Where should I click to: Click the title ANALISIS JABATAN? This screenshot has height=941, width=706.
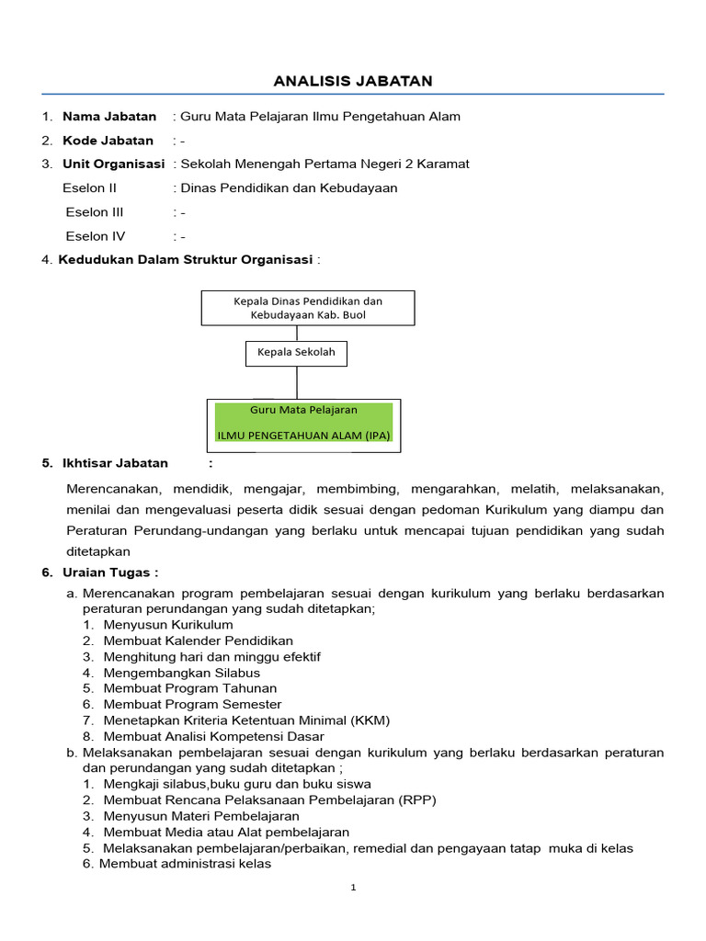coord(353,82)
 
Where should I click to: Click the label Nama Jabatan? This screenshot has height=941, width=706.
coord(108,117)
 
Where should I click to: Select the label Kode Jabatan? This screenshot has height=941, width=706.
coord(108,141)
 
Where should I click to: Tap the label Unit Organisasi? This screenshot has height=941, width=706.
coord(113,164)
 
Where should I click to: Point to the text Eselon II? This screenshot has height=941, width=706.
coord(90,188)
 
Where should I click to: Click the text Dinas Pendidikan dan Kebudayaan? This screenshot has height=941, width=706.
coord(289,188)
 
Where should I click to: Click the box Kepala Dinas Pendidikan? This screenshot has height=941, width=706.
coord(308,308)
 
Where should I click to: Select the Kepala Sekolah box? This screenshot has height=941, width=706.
coord(297,353)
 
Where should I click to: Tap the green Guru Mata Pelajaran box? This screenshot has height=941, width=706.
coord(303,422)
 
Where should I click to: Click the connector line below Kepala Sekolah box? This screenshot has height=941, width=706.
coord(297,381)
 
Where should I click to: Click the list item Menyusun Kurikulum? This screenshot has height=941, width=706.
coord(168,625)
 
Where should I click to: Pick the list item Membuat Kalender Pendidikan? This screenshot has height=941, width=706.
coord(198,641)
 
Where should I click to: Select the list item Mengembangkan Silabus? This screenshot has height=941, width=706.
coord(181,673)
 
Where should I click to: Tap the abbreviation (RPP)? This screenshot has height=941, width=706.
coord(417,799)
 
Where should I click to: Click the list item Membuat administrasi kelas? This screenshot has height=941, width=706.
coord(185,864)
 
